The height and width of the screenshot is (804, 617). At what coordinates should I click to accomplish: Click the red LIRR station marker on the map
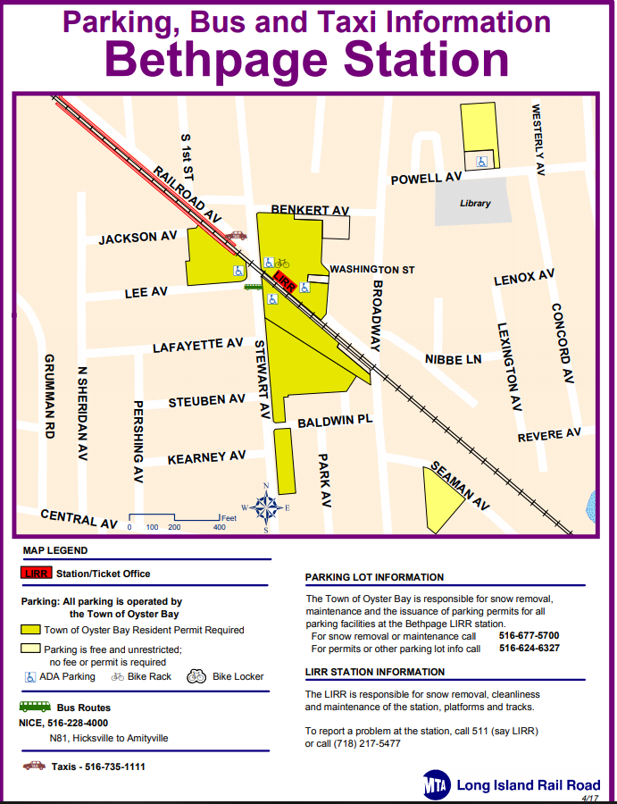283,284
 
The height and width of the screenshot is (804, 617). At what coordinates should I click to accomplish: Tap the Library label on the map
475,203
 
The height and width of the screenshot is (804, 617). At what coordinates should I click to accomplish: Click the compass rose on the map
266,507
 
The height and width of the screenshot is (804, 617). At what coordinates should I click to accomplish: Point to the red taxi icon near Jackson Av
236,236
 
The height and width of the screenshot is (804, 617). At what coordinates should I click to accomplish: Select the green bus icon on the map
254,287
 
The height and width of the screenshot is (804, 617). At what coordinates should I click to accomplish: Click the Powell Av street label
426,179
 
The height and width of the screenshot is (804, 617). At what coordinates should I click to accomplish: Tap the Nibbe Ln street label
454,359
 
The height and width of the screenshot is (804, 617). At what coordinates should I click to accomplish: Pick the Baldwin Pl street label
335,421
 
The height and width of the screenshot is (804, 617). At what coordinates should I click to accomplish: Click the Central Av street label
79,518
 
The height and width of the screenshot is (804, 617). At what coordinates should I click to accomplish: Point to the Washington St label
372,269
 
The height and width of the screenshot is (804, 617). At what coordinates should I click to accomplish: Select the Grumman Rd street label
50,397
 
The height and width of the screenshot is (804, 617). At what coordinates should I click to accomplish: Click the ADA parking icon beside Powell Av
481,162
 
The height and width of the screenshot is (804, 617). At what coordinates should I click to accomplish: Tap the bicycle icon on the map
282,263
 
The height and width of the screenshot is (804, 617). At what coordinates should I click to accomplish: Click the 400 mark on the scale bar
219,527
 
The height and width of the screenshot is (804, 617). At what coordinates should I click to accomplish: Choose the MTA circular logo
438,785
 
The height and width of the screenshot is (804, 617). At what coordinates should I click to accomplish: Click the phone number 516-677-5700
529,635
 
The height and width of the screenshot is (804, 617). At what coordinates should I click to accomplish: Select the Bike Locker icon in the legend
196,676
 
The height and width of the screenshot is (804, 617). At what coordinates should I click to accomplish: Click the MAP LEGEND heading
55,551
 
